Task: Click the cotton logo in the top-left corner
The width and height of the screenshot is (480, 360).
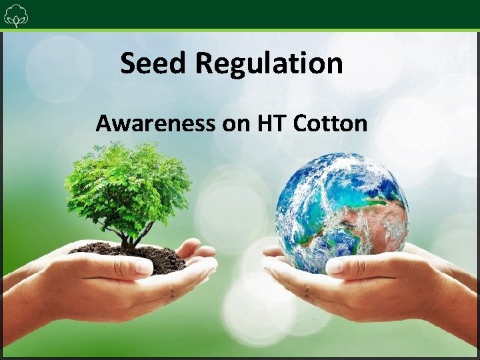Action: click(15, 15)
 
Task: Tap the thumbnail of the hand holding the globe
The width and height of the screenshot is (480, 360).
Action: click(337, 267)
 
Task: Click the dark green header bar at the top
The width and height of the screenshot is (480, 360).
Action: click(240, 13)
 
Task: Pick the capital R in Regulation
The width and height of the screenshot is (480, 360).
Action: click(206, 64)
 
